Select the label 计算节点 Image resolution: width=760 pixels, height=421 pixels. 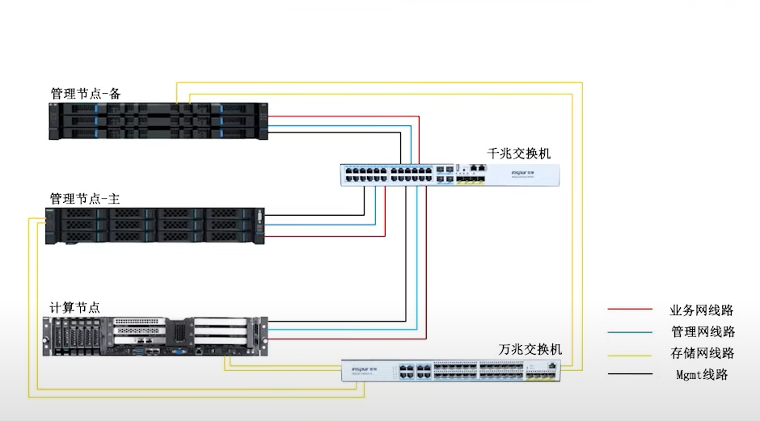click(x=75, y=308)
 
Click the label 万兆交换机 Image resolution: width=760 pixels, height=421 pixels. click(x=530, y=350)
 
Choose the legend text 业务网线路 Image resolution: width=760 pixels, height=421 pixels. click(x=702, y=309)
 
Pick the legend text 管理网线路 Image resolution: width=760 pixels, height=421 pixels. click(x=702, y=331)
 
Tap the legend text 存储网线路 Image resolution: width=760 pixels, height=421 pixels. click(x=702, y=353)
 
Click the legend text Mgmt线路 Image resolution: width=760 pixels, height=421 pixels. click(x=702, y=375)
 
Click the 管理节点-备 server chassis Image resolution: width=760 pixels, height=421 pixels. click(x=158, y=121)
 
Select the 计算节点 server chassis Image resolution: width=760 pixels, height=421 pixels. click(x=154, y=335)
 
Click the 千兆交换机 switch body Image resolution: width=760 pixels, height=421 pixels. click(x=450, y=175)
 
